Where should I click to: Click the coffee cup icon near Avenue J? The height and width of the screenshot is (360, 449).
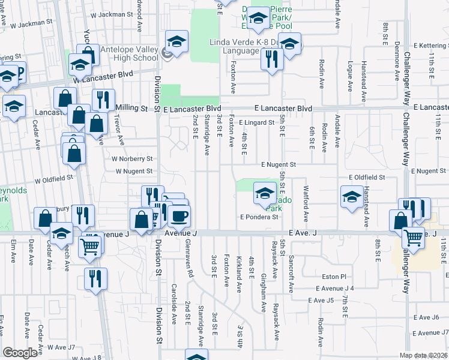point(178,215)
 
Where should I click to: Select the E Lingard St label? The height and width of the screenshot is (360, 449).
point(260,122)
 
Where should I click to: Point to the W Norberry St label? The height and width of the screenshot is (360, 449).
point(132,159)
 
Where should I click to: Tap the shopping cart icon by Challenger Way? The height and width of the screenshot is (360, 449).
point(413,237)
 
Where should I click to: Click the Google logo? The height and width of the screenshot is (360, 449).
point(20,353)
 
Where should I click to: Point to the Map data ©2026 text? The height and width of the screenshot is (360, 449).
point(424,355)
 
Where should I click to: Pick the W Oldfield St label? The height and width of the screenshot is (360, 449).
point(53,178)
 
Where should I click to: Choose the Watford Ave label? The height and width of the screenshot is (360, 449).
point(306,205)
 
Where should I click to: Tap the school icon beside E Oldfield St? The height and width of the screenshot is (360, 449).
point(352,197)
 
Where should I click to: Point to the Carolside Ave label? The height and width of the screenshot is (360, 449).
point(173,302)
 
